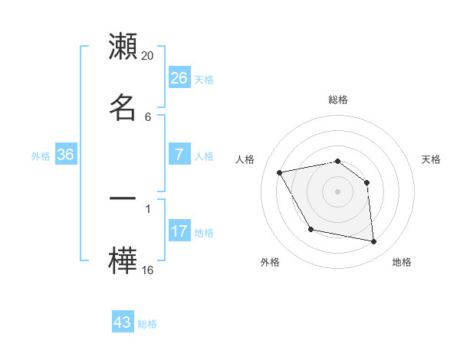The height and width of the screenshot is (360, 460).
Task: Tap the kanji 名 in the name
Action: tap(123, 107)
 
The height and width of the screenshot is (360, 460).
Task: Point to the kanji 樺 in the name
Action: tap(123, 259)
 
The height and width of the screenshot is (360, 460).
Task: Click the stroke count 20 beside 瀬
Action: tap(148, 56)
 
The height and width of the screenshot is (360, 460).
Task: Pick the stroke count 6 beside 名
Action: tap(147, 117)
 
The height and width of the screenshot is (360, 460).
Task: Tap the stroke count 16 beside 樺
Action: tap(148, 270)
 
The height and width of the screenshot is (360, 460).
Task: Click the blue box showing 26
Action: tap(179, 78)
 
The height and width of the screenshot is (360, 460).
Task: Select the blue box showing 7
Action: tap(179, 155)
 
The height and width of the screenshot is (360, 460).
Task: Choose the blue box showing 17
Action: tap(179, 231)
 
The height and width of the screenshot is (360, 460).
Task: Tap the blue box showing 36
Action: tap(66, 155)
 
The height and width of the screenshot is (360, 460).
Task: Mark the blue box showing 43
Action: tap(123, 322)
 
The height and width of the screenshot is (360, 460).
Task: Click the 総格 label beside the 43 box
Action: tap(147, 324)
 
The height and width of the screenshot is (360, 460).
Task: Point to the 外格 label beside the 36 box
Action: tap(41, 156)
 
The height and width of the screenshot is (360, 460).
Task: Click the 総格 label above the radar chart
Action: tap(338, 100)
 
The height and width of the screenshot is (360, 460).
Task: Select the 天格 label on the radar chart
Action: tap(432, 159)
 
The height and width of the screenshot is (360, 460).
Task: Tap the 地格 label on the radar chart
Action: tap(402, 262)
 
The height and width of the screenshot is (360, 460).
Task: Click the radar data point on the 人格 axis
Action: tap(280, 172)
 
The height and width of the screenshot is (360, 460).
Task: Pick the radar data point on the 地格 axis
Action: tap(374, 242)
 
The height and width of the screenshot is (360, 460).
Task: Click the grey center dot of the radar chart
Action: tap(338, 191)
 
